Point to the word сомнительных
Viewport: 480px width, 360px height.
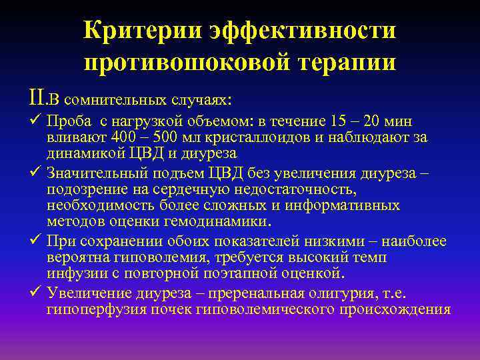coord(119,99)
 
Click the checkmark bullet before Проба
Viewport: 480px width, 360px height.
coord(37,121)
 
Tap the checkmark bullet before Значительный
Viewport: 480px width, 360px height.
coord(37,174)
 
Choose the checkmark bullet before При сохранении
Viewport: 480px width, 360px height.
coord(37,241)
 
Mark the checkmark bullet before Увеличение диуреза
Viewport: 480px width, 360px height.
coord(37,293)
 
